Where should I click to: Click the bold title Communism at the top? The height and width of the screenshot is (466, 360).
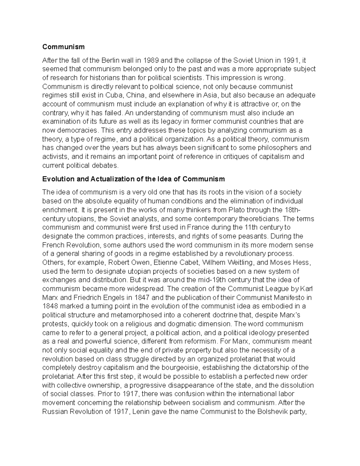coord(63,47)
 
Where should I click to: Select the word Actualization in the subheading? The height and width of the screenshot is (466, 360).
coord(115,179)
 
